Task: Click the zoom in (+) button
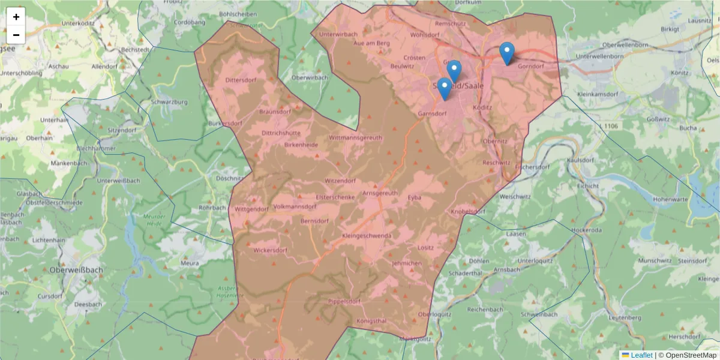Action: pyautogui.click(x=16, y=17)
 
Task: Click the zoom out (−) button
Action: pyautogui.click(x=16, y=35)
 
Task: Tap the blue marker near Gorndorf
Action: pyautogui.click(x=507, y=53)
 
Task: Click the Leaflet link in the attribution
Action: pyautogui.click(x=641, y=355)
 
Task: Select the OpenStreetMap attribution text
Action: pyautogui.click(x=691, y=355)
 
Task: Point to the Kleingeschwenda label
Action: pyautogui.click(x=366, y=236)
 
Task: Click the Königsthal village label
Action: pyautogui.click(x=372, y=321)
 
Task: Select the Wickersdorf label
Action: pyautogui.click(x=270, y=250)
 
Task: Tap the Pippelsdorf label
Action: pyautogui.click(x=344, y=301)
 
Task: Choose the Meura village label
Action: pyautogui.click(x=190, y=263)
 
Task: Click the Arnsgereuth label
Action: pyautogui.click(x=380, y=193)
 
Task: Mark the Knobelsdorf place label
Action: pyautogui.click(x=468, y=212)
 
